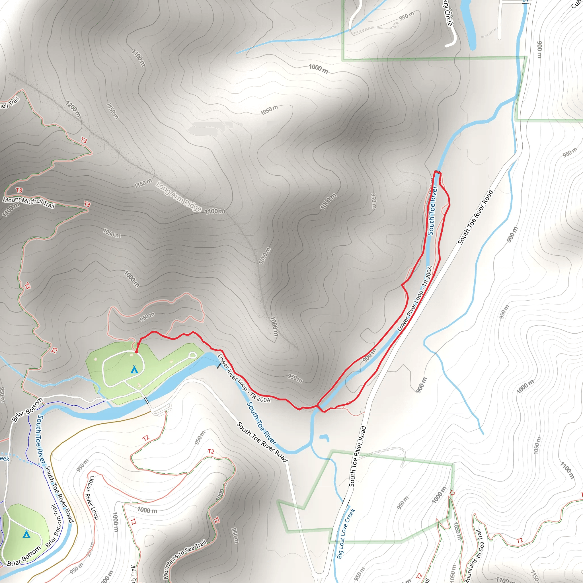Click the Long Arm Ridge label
[179, 197]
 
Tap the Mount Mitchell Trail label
[29, 202]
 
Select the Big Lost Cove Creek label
[346, 533]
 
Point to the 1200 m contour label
[73, 109]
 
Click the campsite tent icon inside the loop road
[134, 369]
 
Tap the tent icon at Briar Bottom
[26, 534]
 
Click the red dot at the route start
[136, 352]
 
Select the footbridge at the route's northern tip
[438, 172]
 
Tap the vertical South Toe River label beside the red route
[432, 210]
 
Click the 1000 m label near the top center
[318, 69]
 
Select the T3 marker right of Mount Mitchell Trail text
[87, 204]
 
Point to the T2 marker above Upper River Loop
[146, 438]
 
